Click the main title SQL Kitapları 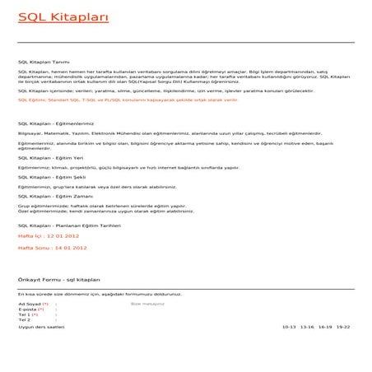[x=52, y=16]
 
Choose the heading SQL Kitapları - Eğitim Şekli [x=51, y=176]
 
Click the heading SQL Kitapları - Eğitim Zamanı [x=53, y=196]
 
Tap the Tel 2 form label [x=25, y=319]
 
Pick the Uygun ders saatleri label [x=41, y=327]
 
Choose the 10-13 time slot [x=289, y=327]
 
